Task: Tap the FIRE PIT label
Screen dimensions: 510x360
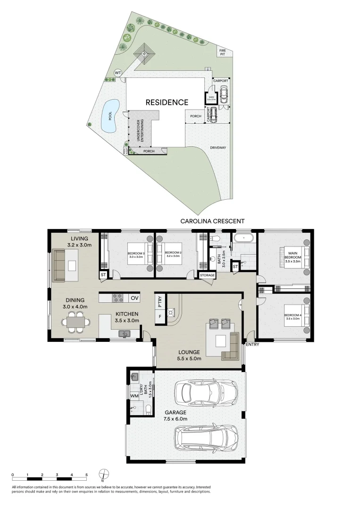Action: coord(222,52)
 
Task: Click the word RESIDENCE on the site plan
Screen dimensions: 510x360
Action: coord(167,102)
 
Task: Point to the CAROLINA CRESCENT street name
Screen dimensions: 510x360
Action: coord(212,221)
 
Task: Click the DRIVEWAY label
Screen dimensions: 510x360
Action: coord(218,148)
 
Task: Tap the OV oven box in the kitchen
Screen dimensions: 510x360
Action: coord(134,298)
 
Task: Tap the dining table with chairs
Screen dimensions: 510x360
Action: coord(76,323)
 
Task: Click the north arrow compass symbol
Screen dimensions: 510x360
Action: coord(104,474)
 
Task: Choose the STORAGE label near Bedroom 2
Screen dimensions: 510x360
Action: coord(207,275)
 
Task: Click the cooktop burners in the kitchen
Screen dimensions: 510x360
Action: coord(117,298)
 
